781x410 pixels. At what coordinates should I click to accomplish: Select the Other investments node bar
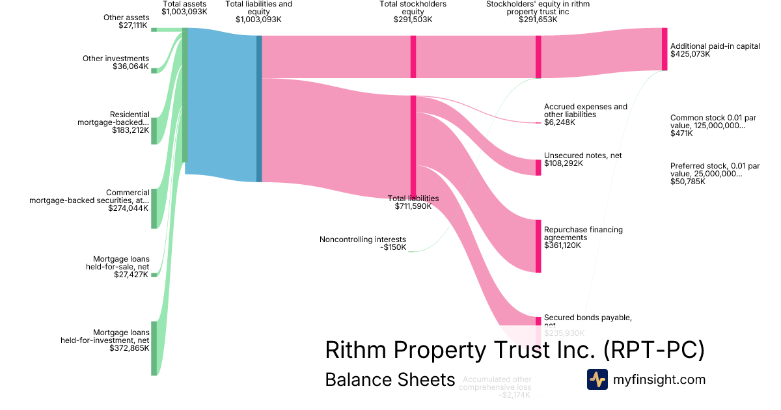[154, 70]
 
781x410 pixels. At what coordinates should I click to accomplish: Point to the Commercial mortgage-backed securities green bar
[154, 209]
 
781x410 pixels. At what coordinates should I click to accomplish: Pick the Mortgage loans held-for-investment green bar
[154, 348]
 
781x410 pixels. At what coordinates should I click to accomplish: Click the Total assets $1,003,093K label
[184, 8]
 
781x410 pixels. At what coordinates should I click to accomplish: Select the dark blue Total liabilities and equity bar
[259, 108]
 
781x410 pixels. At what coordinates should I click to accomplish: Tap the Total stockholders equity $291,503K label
[413, 12]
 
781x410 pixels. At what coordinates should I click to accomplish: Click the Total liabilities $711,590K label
[413, 202]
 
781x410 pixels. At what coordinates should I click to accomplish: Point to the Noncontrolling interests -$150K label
[363, 243]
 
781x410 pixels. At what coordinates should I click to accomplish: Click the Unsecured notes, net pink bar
[538, 167]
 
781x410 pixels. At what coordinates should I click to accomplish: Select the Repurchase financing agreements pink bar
[538, 246]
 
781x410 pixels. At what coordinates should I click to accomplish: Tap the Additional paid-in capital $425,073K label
[715, 50]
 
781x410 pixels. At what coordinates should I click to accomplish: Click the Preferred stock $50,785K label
[715, 174]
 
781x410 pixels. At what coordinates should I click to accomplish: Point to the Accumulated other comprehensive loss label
[497, 387]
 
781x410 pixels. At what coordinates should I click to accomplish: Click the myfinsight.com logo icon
[597, 379]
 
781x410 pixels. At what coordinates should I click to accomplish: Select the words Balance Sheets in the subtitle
[389, 379]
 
